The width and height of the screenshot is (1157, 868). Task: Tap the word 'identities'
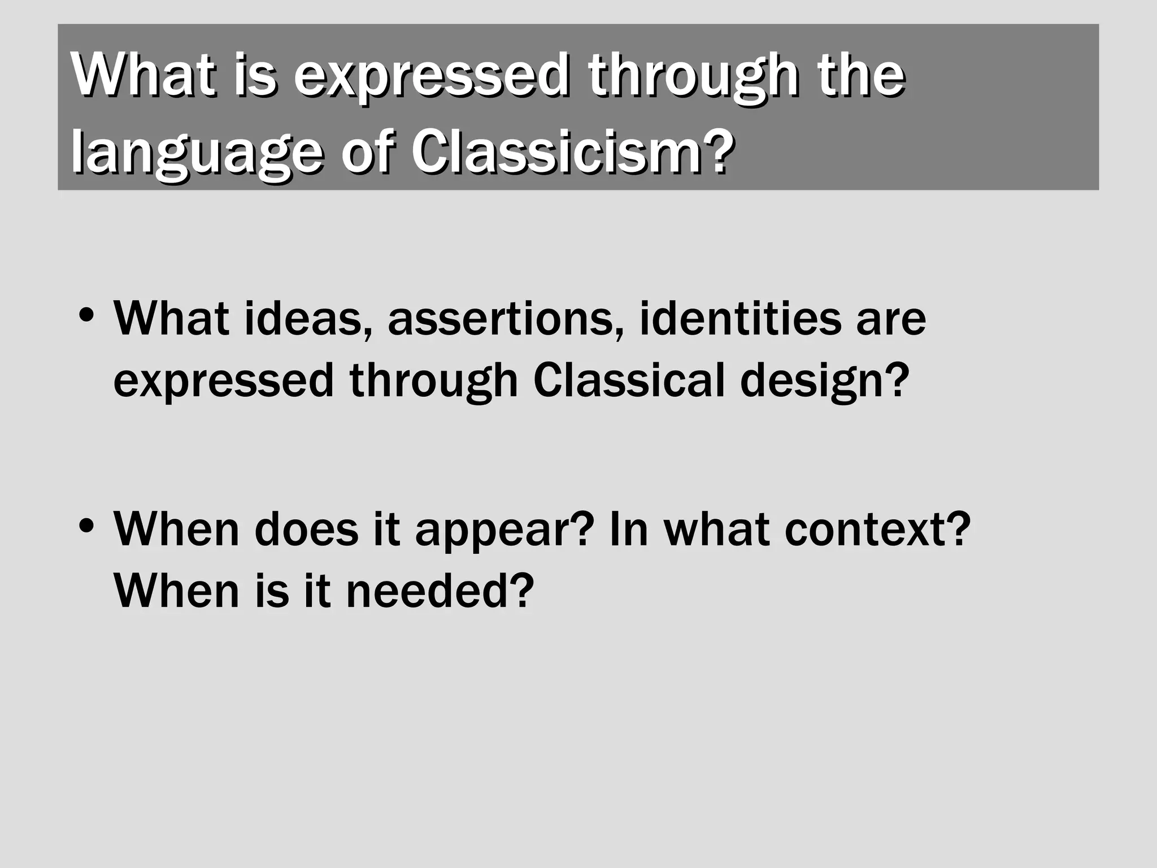(740, 318)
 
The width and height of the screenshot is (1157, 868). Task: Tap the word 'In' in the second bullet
(629, 530)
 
